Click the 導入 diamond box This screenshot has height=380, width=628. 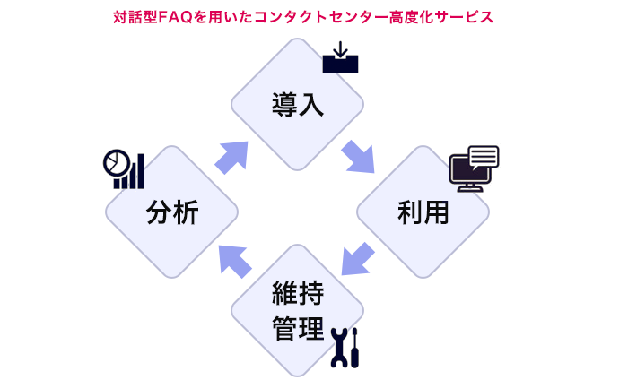(x=297, y=104)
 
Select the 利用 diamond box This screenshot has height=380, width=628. (x=423, y=212)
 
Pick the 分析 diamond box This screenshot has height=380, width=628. (x=171, y=212)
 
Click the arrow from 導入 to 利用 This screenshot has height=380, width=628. (x=359, y=156)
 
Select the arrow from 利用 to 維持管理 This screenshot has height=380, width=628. (x=358, y=259)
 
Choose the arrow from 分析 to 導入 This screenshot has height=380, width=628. (x=232, y=156)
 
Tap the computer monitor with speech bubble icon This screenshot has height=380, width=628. (x=474, y=168)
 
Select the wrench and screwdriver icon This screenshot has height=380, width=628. (x=345, y=347)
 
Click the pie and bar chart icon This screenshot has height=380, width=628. (x=123, y=168)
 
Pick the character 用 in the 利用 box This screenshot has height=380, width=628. (x=436, y=213)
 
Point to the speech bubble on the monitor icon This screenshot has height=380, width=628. (x=483, y=157)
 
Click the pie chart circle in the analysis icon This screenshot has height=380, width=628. (x=114, y=162)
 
